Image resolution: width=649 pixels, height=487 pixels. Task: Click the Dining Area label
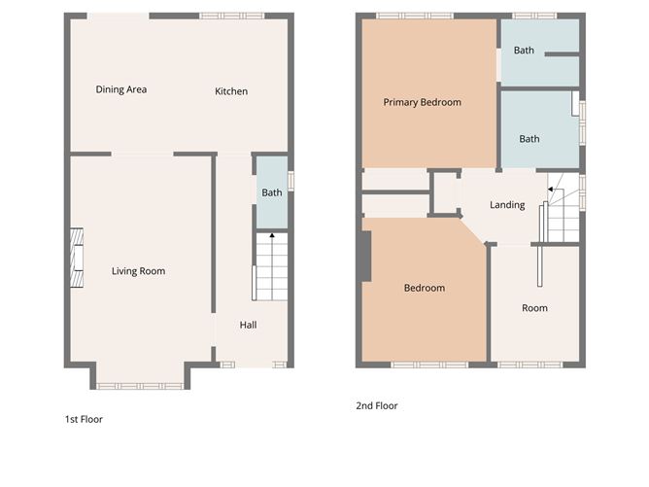(121, 89)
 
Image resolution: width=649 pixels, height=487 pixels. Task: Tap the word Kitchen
(231, 91)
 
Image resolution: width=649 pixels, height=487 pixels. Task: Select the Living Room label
(138, 271)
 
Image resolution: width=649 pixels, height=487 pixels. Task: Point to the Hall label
(248, 325)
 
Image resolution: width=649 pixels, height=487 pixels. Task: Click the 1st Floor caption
(84, 420)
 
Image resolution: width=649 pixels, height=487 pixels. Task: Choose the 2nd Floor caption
(377, 406)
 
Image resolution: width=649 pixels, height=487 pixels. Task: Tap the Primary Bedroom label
(422, 102)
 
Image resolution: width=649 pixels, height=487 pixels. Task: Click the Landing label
(507, 205)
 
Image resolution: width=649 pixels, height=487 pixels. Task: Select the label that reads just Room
(534, 308)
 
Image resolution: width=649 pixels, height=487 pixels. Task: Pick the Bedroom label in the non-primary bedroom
(424, 288)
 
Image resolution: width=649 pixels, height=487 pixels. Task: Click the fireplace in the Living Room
(75, 260)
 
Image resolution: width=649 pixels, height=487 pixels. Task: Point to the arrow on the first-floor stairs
(271, 235)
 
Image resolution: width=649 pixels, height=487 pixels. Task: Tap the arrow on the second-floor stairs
(551, 191)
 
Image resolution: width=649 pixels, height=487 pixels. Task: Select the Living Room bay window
(140, 386)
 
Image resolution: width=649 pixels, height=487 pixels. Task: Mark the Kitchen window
(231, 16)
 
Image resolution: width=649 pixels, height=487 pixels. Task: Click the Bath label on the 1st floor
(272, 192)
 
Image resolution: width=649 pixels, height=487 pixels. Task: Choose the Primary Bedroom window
(414, 16)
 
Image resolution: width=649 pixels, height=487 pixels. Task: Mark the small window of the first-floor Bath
(290, 181)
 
